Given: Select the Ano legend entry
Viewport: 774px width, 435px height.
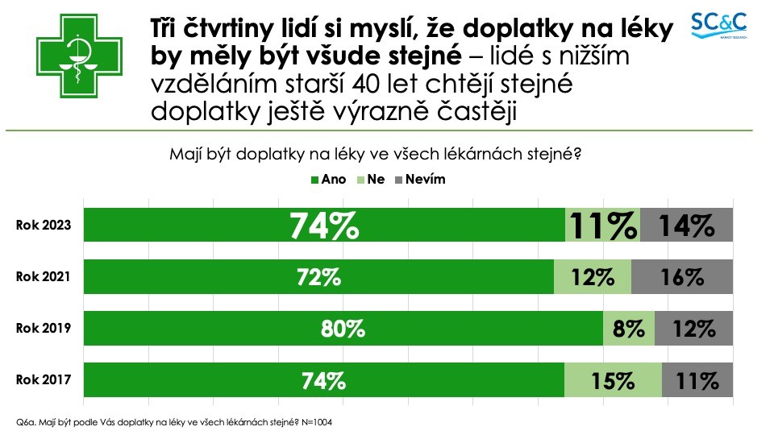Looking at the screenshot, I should coord(329,180).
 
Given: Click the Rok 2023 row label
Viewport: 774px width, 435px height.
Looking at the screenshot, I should coord(44,226).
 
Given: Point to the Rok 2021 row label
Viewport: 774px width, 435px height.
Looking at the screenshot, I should coord(44,277).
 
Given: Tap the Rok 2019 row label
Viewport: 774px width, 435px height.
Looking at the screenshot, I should coord(44,329).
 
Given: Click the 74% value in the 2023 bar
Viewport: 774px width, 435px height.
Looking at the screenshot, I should coord(324,226).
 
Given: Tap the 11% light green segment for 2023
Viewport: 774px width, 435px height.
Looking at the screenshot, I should coord(602,226).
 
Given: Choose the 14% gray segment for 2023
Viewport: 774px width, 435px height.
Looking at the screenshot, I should coord(687,226).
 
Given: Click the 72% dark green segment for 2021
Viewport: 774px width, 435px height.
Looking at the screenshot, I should coord(318,277).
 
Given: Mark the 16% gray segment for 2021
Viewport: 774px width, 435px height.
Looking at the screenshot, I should coord(682,277).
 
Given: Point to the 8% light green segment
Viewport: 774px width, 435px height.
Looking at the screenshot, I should coord(629,329).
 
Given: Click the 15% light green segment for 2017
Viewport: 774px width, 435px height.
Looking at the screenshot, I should coord(613,380).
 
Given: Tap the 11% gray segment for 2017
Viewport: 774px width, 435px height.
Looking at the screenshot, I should coord(697,380).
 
